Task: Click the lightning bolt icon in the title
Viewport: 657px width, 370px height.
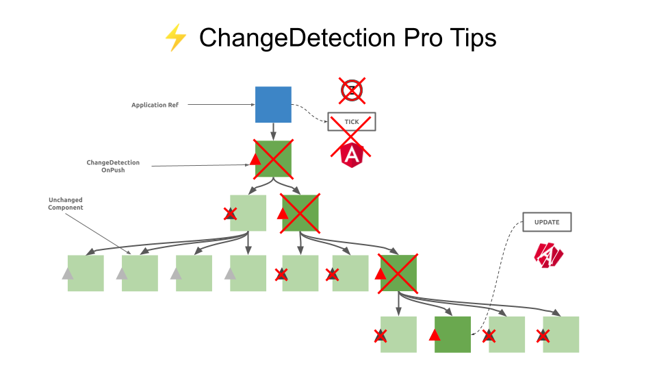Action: tap(175, 38)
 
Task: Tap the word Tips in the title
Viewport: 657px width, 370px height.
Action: tap(472, 38)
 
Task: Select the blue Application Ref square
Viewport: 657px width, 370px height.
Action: tap(273, 104)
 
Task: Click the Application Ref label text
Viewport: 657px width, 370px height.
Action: tap(155, 105)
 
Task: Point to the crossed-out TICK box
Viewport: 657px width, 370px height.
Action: tap(351, 122)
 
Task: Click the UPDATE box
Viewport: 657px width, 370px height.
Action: tap(547, 222)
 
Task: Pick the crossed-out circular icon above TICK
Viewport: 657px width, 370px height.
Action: tap(351, 90)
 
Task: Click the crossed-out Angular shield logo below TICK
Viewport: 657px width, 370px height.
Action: tap(352, 155)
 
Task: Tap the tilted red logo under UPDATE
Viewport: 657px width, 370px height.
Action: tap(548, 255)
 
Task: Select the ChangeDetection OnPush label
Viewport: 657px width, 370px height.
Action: tap(113, 166)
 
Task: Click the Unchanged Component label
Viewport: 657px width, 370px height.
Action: tap(66, 203)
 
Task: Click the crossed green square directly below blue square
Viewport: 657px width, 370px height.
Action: tap(273, 159)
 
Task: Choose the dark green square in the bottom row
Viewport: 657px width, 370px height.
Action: tap(452, 334)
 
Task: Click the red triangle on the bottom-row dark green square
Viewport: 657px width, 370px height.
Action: tap(434, 335)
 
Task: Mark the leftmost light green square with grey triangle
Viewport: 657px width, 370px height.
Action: tap(86, 273)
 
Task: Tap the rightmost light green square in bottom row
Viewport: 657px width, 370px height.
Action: tap(561, 334)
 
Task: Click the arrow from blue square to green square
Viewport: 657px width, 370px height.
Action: tap(273, 132)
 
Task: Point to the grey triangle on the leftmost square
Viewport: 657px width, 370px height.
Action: tap(67, 274)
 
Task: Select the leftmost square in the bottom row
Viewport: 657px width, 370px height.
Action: tap(398, 334)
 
